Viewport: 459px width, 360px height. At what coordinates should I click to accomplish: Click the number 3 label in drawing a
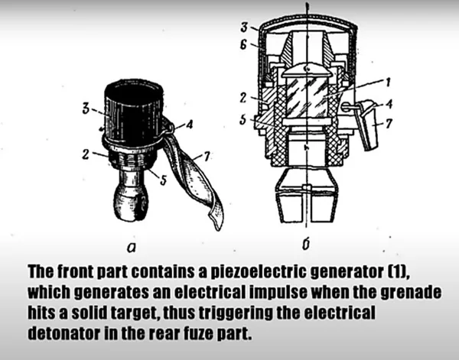tap(86, 109)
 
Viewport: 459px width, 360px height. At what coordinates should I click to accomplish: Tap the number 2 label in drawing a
tap(86, 154)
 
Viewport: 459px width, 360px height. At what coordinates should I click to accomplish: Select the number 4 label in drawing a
tap(190, 125)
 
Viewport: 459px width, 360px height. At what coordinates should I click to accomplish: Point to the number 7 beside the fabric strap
tap(207, 157)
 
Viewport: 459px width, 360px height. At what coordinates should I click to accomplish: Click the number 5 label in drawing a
tap(164, 180)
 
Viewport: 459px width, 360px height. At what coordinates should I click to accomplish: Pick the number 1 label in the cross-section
tap(388, 83)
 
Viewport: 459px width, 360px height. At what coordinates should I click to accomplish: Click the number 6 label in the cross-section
tap(243, 45)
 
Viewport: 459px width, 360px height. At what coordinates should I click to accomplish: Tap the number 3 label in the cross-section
tap(244, 28)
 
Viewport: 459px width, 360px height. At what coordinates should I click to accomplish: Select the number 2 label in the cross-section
tap(243, 98)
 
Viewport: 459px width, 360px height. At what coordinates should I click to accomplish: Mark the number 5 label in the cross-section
tap(243, 119)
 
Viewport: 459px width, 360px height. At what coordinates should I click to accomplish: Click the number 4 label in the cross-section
tap(389, 104)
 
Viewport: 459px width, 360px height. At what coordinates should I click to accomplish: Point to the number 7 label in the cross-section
tap(389, 124)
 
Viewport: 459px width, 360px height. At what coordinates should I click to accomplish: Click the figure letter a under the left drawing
tap(132, 248)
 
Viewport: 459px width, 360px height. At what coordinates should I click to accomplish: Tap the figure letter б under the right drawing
tap(306, 245)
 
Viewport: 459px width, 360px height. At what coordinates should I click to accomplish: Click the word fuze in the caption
tap(198, 333)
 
